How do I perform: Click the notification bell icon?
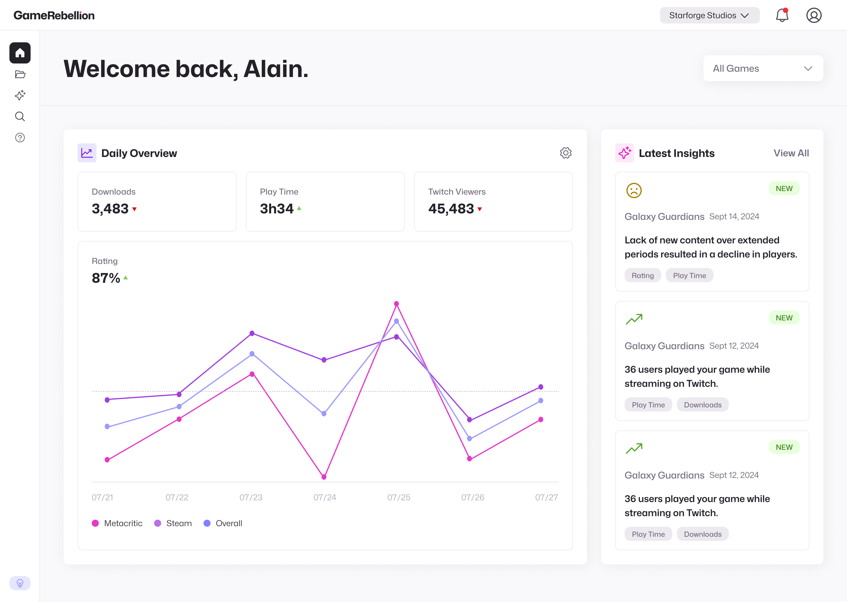[x=782, y=16]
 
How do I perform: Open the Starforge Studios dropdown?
[x=709, y=16]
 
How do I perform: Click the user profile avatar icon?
[x=814, y=16]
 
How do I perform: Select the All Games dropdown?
[x=763, y=68]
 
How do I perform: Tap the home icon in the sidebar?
[x=20, y=53]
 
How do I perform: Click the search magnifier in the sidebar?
[x=20, y=117]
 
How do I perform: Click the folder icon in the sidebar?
[x=20, y=74]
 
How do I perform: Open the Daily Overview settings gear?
[x=566, y=153]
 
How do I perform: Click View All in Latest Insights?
[x=791, y=153]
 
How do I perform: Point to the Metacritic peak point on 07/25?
[x=396, y=304]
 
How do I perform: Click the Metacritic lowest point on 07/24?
[x=324, y=477]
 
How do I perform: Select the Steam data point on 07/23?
[x=252, y=333]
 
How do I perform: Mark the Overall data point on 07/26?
[x=469, y=439]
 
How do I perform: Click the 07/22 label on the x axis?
[x=177, y=497]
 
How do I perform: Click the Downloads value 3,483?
[x=110, y=209]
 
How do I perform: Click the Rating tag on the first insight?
[x=643, y=275]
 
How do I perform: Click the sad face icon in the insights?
[x=634, y=190]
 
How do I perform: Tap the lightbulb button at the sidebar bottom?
[x=20, y=583]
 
